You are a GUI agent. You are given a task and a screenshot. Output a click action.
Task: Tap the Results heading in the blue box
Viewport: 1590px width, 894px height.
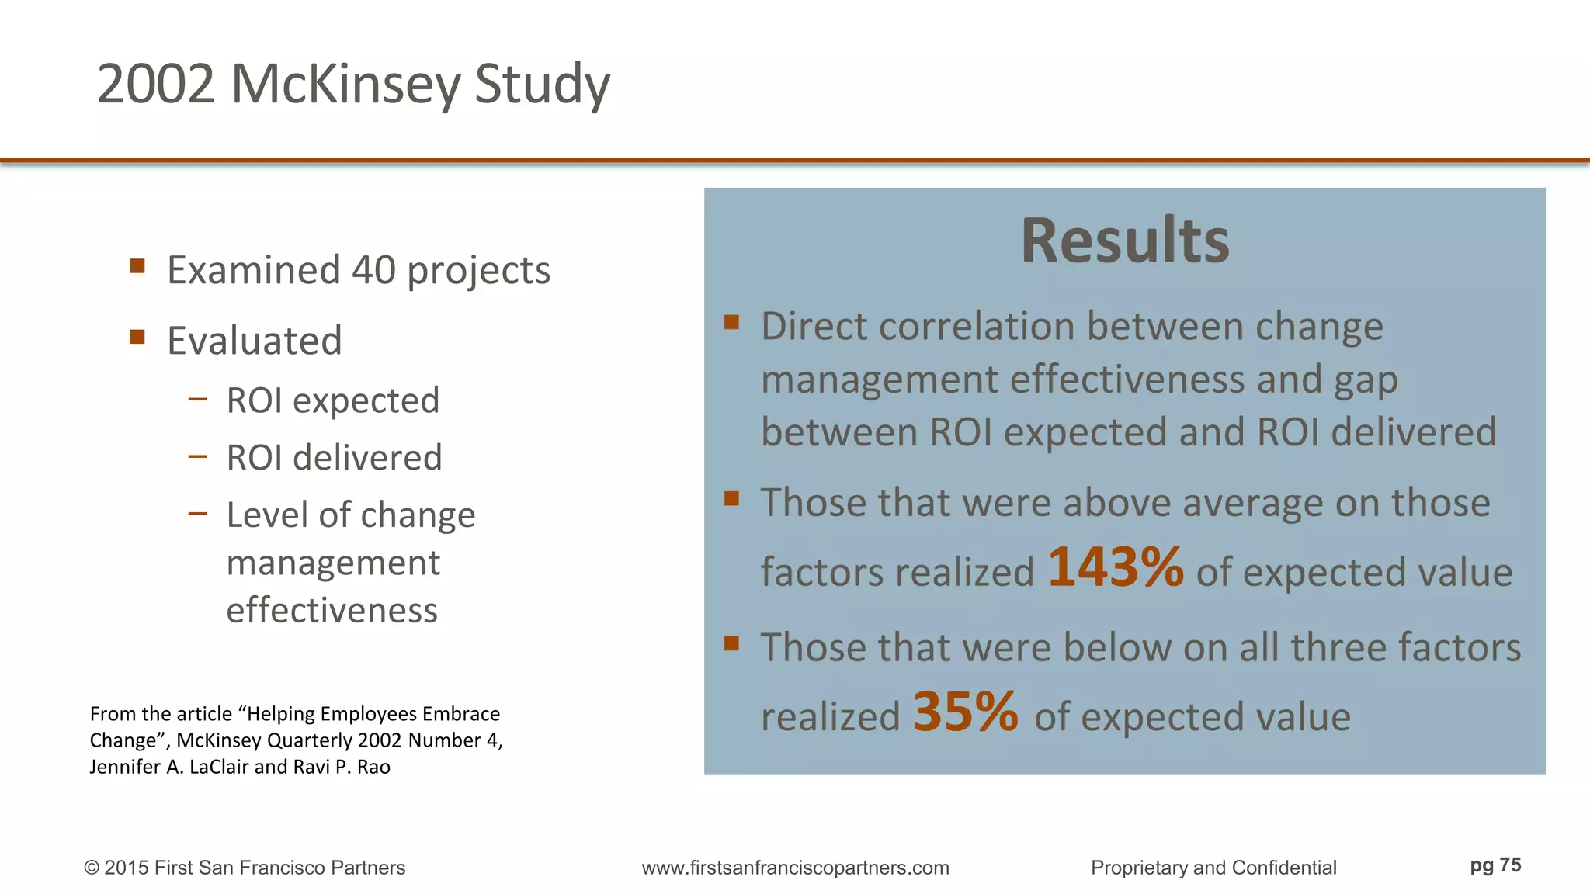[x=1124, y=241]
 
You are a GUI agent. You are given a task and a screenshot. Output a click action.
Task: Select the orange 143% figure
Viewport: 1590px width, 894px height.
[x=1116, y=567]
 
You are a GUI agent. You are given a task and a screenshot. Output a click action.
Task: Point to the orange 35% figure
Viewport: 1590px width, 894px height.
[x=965, y=712]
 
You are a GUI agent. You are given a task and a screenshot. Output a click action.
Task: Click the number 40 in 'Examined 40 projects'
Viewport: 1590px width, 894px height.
[x=374, y=270]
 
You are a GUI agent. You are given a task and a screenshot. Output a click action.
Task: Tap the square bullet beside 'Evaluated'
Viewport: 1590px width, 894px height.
[x=138, y=337]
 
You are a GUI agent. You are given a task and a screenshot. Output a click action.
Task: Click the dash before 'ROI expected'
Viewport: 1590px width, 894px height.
[x=198, y=400]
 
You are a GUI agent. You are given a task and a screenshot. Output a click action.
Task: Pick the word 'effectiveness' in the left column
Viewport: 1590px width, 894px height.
[x=332, y=610]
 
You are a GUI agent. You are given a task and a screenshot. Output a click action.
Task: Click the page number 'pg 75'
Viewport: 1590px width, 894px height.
[x=1495, y=865]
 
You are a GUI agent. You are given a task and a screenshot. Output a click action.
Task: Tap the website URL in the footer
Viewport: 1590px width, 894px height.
[x=795, y=868]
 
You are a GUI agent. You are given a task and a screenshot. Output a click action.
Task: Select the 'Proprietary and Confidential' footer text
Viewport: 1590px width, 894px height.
[x=1213, y=868]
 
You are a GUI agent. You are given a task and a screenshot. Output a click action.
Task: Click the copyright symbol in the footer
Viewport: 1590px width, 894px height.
[x=92, y=868]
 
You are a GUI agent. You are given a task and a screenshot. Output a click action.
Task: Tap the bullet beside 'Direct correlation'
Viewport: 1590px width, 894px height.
[x=731, y=322]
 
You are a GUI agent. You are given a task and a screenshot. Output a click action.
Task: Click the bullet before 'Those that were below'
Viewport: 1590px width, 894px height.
[x=731, y=643]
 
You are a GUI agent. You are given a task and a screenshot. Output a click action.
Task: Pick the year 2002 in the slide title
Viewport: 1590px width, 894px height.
[x=155, y=84]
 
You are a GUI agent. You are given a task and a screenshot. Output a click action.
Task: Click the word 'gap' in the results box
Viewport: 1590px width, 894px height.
[x=1366, y=380]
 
